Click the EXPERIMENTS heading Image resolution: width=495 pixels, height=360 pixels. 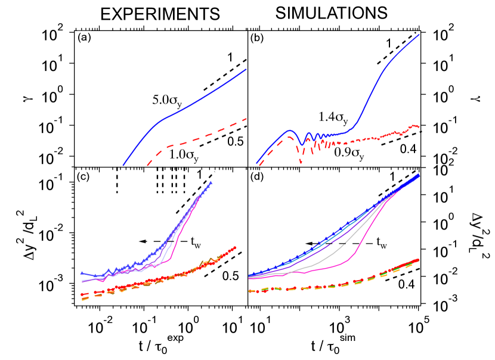160,14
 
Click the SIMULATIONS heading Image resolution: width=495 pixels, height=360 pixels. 332,13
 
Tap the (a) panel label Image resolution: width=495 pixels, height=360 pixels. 84,38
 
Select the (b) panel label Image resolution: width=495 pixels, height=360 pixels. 256,38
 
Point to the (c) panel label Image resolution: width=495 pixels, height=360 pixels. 83,176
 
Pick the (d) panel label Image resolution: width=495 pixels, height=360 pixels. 256,176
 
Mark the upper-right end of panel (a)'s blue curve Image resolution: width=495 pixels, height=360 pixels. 246,70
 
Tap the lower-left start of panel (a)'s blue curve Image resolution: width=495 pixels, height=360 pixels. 123,165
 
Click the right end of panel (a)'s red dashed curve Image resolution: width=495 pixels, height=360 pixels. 246,119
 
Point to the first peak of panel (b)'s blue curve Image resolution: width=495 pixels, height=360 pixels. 289,130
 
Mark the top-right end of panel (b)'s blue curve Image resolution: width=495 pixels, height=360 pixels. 419,35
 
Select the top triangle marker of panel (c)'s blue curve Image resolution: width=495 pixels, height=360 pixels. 211,182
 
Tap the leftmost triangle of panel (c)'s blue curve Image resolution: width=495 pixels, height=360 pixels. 82,272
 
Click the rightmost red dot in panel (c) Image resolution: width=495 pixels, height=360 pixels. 236,247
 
